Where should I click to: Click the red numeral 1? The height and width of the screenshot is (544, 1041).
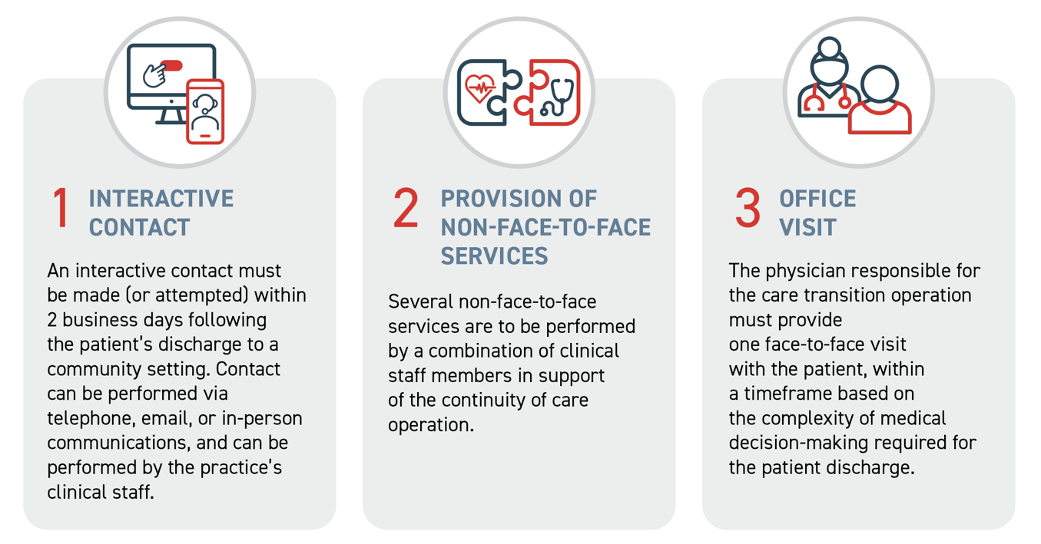click(x=61, y=209)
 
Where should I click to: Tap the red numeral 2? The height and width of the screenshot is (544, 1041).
click(x=406, y=209)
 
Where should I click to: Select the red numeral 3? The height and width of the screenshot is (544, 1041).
click(x=747, y=209)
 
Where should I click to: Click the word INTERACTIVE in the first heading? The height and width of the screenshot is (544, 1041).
click(x=161, y=199)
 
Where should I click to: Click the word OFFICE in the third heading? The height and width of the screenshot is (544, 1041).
click(x=817, y=199)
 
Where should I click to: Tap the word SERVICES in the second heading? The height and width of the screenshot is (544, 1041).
click(x=494, y=256)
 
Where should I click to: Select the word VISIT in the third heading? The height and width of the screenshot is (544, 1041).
click(x=807, y=227)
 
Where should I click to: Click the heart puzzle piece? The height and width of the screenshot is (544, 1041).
click(x=486, y=92)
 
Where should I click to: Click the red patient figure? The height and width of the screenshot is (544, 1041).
click(x=880, y=104)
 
